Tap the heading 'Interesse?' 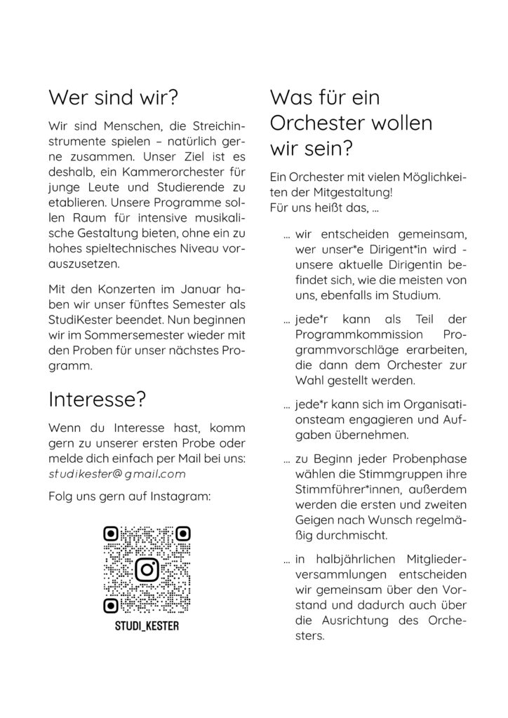click(97, 399)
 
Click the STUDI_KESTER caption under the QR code click(147, 625)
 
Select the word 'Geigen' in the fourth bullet click(315, 520)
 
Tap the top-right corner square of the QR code click(182, 534)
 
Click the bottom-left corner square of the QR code click(111, 604)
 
